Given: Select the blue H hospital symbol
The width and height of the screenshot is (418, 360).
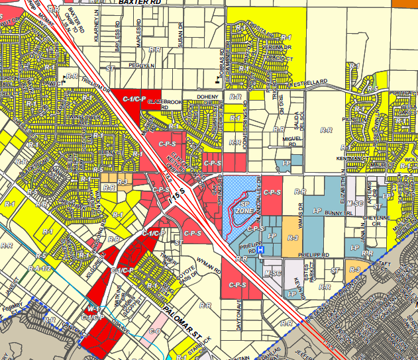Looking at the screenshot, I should (261, 250).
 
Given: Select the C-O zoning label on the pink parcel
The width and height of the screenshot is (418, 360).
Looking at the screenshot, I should (155, 330).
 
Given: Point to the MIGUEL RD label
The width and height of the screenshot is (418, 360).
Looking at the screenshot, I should (292, 140).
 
